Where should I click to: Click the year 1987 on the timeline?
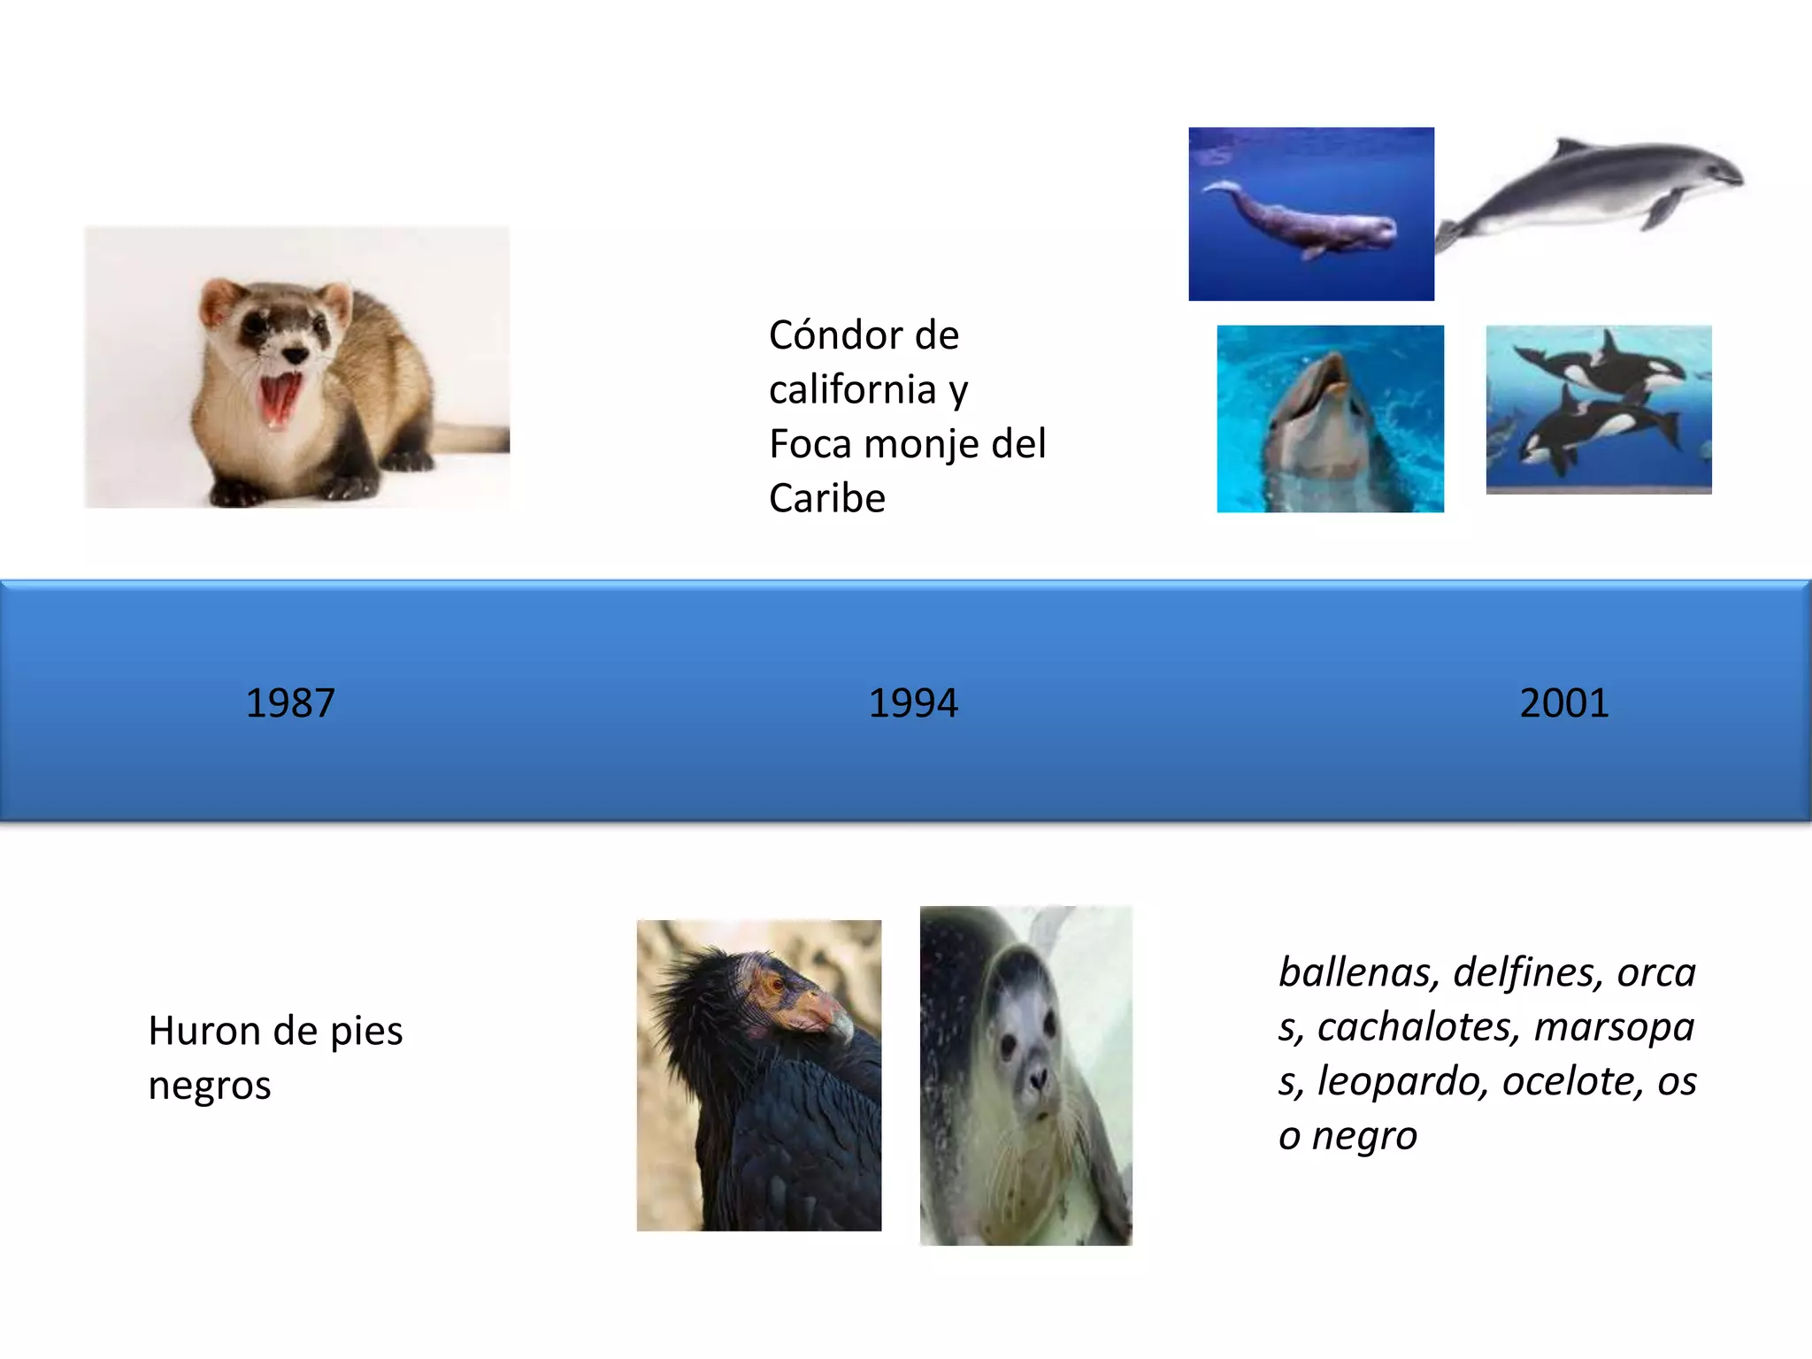pos(290,703)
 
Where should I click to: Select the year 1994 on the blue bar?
pos(913,703)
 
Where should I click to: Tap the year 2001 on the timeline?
pos(1563,703)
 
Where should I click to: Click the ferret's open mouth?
pos(281,397)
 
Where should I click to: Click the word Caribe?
pos(826,498)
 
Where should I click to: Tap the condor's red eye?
pos(777,983)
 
